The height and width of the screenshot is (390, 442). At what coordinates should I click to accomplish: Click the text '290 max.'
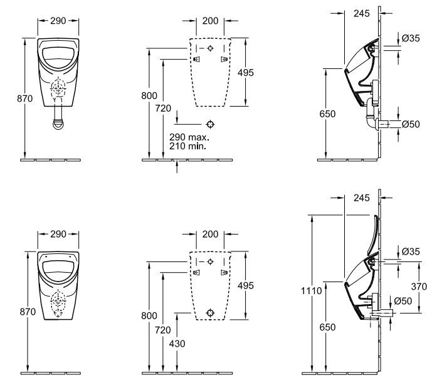[189, 137]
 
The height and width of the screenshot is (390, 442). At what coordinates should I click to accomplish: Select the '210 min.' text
[188, 146]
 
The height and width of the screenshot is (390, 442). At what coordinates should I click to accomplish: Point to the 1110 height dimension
[311, 290]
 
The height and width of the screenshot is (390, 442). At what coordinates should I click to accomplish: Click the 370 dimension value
[419, 287]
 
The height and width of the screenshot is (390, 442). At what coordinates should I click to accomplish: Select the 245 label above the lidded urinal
[361, 198]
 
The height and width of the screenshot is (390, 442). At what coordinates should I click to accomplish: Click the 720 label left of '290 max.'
[163, 108]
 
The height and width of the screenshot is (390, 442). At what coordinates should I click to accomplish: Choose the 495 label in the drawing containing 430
[245, 286]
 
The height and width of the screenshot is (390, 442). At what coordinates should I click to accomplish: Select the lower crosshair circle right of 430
[210, 311]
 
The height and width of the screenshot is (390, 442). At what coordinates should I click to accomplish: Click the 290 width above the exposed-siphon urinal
[58, 21]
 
